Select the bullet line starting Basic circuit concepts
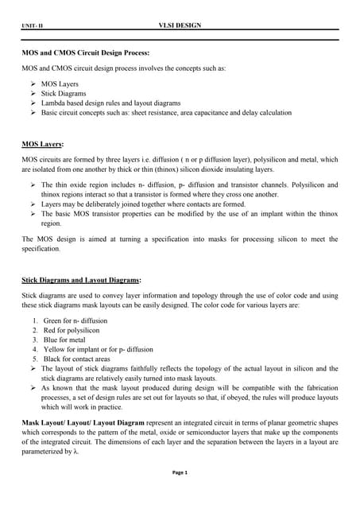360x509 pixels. (x=166, y=113)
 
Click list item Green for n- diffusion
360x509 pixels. (x=75, y=320)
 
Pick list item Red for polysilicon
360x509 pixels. (x=72, y=329)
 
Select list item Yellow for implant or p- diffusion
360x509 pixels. (x=95, y=349)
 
